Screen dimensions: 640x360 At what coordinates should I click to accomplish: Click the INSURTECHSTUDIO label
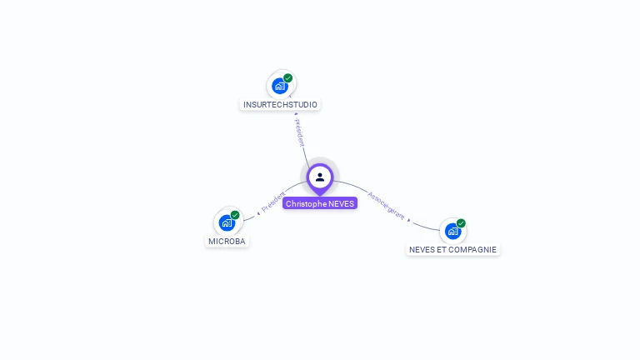click(280, 105)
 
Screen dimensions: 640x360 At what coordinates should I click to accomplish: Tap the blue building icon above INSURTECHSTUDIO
click(280, 86)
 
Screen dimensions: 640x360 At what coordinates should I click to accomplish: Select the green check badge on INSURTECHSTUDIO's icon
click(288, 78)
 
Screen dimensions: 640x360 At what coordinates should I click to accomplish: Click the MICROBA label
click(227, 242)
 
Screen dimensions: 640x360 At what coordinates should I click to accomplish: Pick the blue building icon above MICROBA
click(227, 223)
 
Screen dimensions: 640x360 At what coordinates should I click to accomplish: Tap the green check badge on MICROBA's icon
click(235, 215)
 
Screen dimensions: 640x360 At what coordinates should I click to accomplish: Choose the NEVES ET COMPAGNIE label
click(452, 249)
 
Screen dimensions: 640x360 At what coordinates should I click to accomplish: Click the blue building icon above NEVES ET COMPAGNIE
click(452, 231)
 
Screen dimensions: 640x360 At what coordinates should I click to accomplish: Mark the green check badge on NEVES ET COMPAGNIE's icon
click(461, 223)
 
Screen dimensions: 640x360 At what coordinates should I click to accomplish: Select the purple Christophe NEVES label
click(320, 203)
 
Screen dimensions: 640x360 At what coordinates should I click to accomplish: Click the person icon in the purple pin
click(320, 177)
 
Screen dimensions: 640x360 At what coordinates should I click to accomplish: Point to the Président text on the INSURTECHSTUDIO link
click(300, 132)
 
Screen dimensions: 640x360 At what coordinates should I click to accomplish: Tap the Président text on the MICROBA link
click(273, 201)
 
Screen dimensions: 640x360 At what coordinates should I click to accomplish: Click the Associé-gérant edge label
click(386, 206)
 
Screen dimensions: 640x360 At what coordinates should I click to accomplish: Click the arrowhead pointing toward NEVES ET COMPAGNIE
click(409, 220)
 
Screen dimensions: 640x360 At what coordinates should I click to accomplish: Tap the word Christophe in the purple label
click(306, 203)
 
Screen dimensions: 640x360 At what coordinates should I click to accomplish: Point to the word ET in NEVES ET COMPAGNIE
click(441, 249)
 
